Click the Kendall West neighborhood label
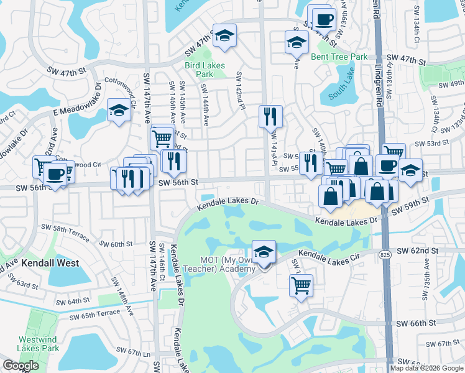tap(50, 263)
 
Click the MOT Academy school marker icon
tap(264, 252)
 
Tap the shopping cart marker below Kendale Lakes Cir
tap(301, 286)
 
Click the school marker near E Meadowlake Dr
tap(118, 111)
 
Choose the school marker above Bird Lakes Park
tap(224, 35)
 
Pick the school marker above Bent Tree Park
tap(297, 43)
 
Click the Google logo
tap(21, 366)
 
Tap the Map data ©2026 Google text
tap(426, 368)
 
